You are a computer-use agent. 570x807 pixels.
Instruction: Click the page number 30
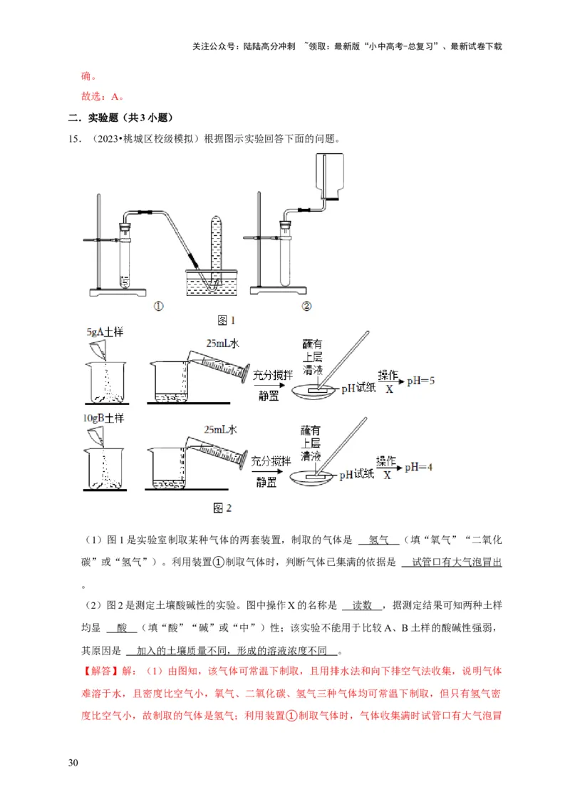(73, 764)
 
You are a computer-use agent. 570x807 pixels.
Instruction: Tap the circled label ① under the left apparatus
(158, 307)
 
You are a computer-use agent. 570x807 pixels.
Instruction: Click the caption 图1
(226, 320)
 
